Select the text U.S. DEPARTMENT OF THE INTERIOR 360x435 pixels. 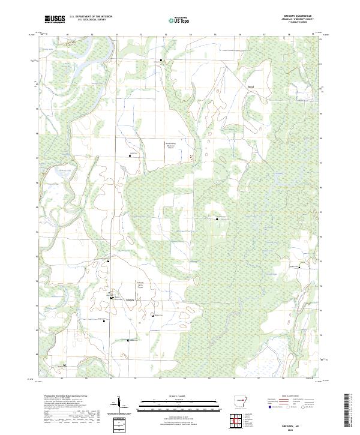(91, 16)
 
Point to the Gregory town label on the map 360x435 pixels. (130, 298)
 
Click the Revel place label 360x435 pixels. (251, 86)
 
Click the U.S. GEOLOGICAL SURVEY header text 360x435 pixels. (91, 20)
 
